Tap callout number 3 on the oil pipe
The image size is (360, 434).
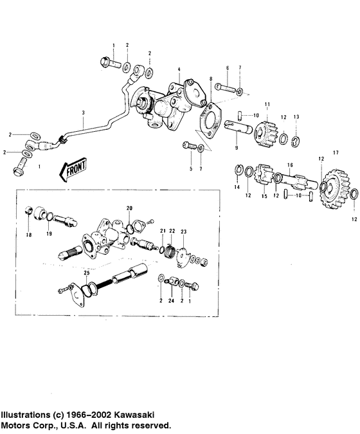coord(83,113)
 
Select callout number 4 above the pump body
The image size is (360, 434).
coord(179,69)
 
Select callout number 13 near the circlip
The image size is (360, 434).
coord(296,116)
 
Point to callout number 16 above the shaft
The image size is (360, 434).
coord(290,165)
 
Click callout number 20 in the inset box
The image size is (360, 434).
coord(129,209)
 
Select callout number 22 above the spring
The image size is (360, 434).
coord(172,231)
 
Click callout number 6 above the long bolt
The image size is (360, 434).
coord(227,68)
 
